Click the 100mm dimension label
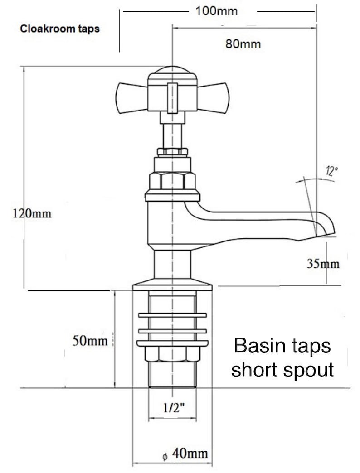216,11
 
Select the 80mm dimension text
243,44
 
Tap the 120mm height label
32,213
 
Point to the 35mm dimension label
323,264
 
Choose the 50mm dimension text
90,341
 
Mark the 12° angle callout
331,171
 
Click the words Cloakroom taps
60,29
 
